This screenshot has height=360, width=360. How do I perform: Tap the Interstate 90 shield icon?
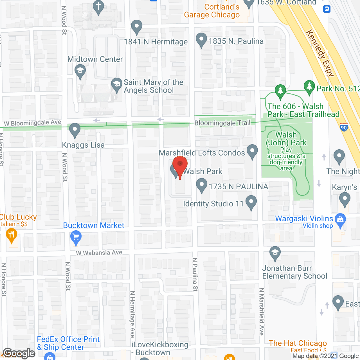(344, 127)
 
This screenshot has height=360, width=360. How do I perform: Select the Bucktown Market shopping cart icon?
(76, 237)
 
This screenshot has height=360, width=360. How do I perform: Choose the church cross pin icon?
(98, 7)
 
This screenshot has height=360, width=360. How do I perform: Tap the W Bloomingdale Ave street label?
(32, 123)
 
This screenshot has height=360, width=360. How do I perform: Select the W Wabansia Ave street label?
(99, 253)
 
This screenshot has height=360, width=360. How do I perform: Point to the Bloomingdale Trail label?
(222, 123)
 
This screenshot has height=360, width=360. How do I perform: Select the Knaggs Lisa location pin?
(75, 130)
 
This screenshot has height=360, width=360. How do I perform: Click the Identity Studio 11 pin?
(251, 202)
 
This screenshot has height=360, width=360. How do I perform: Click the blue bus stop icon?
(327, 9)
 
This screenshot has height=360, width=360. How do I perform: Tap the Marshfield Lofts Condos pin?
(252, 151)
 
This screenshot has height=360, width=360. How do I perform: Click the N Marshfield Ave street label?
(262, 312)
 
